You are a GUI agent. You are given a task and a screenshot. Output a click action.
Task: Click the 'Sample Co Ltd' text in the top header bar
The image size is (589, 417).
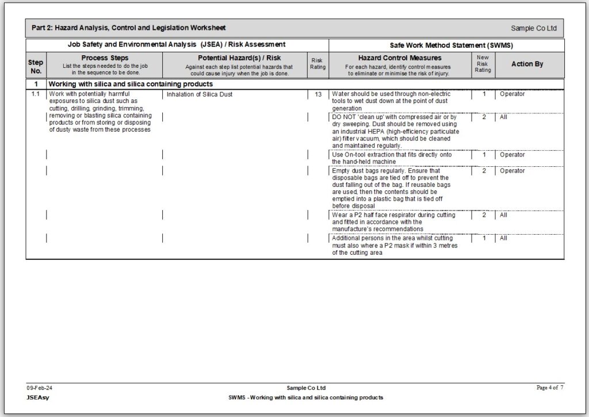click(533, 28)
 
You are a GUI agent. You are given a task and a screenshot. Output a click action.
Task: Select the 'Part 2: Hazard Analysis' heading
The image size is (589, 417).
click(128, 28)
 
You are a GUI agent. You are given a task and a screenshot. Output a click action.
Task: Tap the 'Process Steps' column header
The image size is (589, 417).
click(105, 58)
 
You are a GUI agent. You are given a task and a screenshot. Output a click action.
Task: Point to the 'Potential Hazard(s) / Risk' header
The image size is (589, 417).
click(239, 58)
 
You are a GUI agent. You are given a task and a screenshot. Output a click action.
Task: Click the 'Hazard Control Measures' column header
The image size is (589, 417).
click(400, 58)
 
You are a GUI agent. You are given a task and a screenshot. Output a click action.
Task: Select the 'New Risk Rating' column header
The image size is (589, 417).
click(483, 64)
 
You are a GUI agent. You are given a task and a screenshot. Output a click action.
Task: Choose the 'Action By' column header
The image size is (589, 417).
click(527, 64)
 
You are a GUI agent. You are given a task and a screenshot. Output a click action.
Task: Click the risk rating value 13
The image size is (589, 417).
click(318, 94)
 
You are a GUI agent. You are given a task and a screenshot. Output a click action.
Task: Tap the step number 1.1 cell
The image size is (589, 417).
click(36, 94)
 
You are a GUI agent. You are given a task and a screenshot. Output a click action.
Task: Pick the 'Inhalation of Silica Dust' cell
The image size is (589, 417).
click(200, 94)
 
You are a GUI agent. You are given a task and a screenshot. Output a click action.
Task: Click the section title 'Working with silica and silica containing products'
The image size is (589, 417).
click(131, 84)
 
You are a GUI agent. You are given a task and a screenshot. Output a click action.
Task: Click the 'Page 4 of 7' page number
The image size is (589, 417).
click(549, 388)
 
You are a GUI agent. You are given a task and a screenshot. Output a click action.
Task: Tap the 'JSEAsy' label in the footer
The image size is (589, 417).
click(37, 397)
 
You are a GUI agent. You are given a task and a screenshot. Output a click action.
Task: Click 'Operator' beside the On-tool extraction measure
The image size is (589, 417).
click(512, 155)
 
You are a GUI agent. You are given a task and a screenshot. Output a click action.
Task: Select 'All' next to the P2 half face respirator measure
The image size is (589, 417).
click(503, 215)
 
